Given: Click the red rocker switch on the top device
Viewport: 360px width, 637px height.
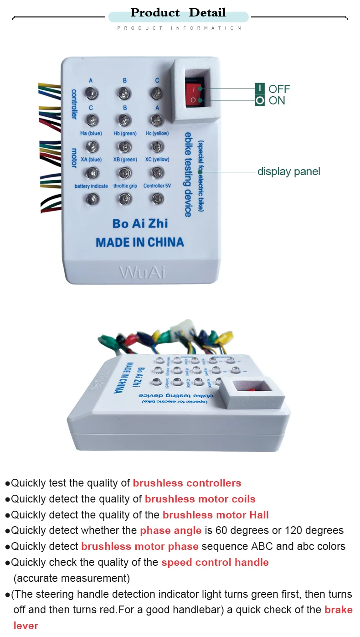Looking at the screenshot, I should click(x=194, y=92).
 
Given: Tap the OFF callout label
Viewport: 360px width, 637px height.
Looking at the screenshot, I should click(x=279, y=89).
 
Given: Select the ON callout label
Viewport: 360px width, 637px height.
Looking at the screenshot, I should click(x=277, y=100).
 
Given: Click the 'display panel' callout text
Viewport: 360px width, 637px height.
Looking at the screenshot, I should click(x=288, y=171).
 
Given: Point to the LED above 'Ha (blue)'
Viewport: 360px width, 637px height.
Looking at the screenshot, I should click(x=92, y=120).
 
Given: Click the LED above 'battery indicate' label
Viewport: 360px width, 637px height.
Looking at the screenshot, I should click(x=92, y=173).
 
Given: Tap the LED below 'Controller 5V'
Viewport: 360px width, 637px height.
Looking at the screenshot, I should click(x=157, y=198).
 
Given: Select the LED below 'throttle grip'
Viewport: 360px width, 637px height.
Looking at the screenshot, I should click(x=124, y=198).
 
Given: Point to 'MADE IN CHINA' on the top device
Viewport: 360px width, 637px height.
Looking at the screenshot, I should click(x=139, y=242).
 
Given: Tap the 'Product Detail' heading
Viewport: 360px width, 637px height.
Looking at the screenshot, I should click(x=178, y=13).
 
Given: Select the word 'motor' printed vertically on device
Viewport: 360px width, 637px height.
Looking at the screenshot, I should click(x=74, y=158).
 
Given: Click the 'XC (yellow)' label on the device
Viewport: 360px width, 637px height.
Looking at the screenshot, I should click(x=157, y=160).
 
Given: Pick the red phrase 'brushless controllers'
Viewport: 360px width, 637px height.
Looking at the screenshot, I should click(x=187, y=483).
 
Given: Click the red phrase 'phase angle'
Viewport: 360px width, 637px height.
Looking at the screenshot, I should click(x=170, y=531).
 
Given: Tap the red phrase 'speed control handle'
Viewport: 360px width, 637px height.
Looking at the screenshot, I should click(x=215, y=563).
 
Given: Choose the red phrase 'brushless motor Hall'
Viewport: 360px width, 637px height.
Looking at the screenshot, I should click(x=216, y=515).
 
